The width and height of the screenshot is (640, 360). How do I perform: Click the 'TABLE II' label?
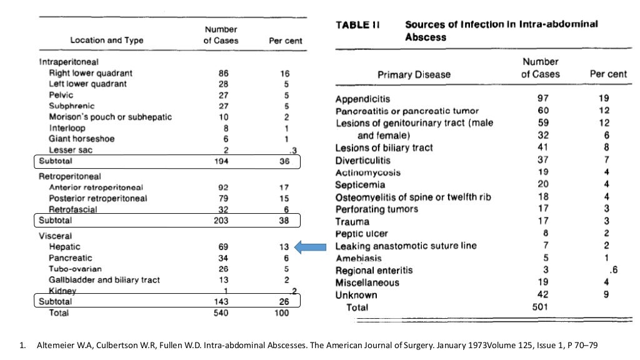[357, 25]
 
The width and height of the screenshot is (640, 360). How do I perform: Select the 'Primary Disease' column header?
[414, 74]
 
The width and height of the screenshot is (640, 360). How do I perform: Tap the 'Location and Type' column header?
[106, 41]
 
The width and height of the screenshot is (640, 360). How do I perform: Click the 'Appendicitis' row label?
[362, 99]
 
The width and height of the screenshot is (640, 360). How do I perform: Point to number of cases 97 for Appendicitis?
[542, 99]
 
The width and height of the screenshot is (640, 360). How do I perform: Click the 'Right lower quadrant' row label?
[91, 73]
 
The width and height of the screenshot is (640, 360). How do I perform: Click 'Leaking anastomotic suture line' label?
[406, 246]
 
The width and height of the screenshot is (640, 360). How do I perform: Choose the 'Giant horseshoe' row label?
[82, 139]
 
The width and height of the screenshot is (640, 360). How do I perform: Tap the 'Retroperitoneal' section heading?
[69, 177]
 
